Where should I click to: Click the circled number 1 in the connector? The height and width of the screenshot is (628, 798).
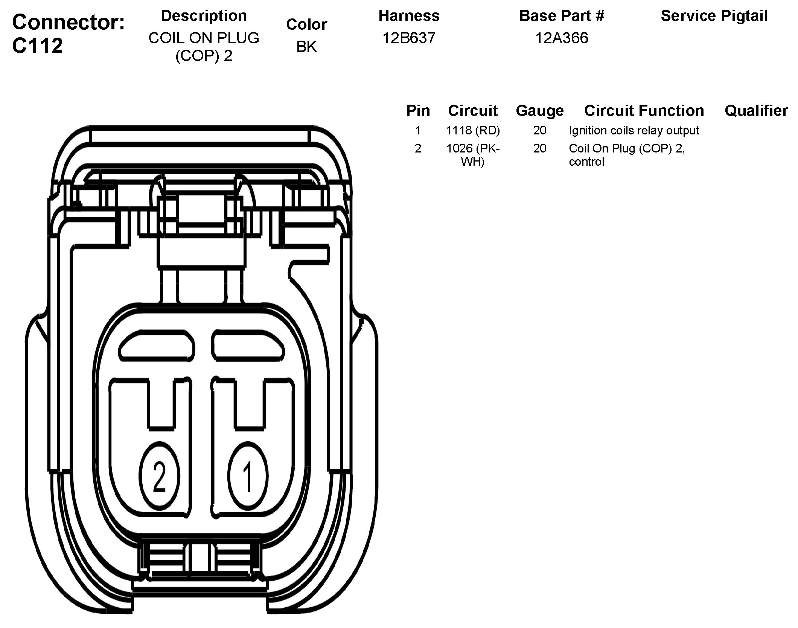point(248,476)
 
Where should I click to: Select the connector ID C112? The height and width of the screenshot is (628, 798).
point(37,46)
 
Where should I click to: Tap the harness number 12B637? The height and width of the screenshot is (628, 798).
point(409,38)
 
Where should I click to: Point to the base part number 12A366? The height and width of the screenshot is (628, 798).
point(561,38)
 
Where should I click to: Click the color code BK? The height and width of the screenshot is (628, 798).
point(306,47)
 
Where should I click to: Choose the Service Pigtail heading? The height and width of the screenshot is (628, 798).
point(714,16)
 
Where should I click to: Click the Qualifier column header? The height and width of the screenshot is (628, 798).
point(756,111)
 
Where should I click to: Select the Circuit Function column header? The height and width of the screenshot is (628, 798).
point(644,111)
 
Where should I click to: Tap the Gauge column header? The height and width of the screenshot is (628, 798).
point(540,111)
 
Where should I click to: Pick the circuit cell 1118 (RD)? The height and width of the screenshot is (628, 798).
point(473,131)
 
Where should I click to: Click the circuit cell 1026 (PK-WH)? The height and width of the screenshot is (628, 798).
point(473,155)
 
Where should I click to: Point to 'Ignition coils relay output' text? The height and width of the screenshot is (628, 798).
point(634,131)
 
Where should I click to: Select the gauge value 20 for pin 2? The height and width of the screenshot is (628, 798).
point(540,149)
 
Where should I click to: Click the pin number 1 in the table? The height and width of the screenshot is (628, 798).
point(418,131)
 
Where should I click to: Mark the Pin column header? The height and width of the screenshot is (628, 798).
point(418,111)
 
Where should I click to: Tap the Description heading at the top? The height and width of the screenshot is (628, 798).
point(204,16)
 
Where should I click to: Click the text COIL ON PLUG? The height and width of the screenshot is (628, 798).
point(204,38)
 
